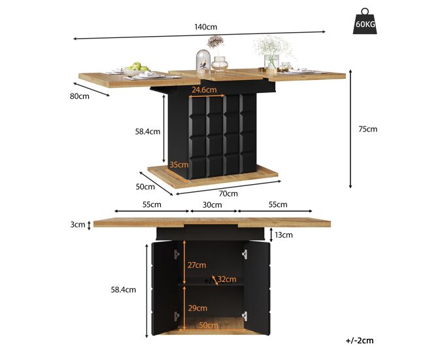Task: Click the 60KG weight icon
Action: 365,21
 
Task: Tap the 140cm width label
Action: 206,27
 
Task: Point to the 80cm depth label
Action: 79,96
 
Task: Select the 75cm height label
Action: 368,129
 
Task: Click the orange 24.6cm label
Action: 204,90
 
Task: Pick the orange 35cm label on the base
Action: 179,164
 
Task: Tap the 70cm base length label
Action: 228,194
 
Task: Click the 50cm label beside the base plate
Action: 145,187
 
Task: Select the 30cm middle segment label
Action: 212,205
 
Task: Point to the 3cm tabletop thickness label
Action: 78,224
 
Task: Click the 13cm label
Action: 284,235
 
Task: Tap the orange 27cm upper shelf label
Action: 197,265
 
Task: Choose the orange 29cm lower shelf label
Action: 197,308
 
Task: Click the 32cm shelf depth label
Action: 227,279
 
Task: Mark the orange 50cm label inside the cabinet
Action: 209,325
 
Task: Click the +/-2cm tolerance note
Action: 360,341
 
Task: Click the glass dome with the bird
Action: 203,61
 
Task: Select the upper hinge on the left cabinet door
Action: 177,254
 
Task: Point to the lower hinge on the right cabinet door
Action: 245,316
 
